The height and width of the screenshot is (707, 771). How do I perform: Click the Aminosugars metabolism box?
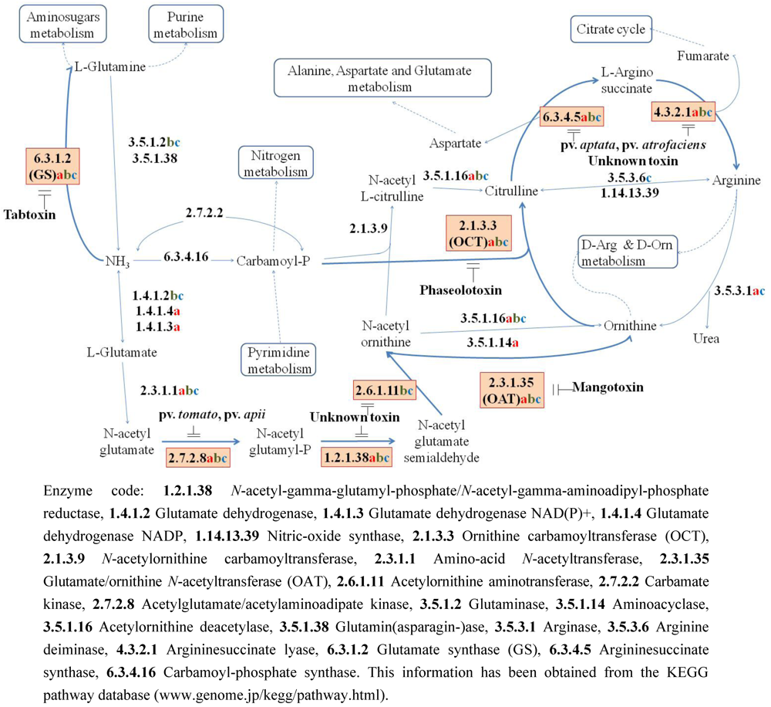click(56, 25)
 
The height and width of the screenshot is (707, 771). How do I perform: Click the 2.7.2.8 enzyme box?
click(197, 458)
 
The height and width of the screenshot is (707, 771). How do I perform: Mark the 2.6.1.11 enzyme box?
click(384, 391)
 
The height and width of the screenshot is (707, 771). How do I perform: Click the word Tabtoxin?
click(29, 214)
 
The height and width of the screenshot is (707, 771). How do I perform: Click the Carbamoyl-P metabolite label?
click(274, 261)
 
